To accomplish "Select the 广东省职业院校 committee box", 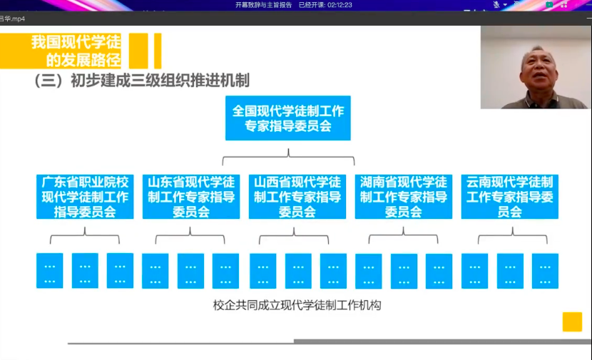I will [x=85, y=197].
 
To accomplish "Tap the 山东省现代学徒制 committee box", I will [x=191, y=197].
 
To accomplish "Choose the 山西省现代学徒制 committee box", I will [x=297, y=197].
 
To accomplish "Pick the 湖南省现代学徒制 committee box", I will [x=404, y=197].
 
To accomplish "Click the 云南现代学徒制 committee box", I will [x=509, y=197].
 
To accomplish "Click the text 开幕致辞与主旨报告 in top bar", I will [x=264, y=5].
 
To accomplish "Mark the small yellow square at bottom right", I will [x=572, y=322].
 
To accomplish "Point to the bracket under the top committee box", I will [x=288, y=155].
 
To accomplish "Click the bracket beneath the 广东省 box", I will [x=85, y=235].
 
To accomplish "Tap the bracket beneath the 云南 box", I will [x=509, y=235].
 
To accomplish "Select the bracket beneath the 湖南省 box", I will [x=404, y=235].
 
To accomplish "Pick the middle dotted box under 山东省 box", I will [x=190, y=272].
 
